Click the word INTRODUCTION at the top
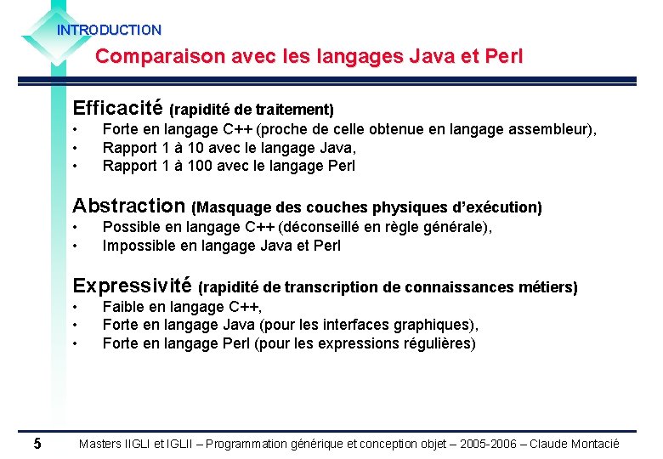[x=109, y=30]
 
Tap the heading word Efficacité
[x=118, y=108]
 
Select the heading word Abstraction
[x=129, y=206]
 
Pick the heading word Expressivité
[x=133, y=286]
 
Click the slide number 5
[x=37, y=444]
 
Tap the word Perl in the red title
[x=503, y=57]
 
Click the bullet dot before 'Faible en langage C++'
[x=76, y=307]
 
